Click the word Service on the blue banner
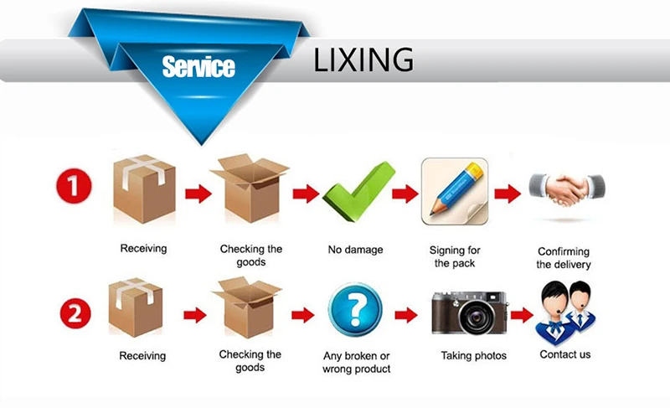coord(198,67)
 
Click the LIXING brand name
coord(363,59)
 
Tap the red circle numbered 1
coord(74,186)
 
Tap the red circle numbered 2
coord(75,314)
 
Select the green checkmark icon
coord(358,192)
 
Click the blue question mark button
coord(355,310)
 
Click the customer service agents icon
coord(565,313)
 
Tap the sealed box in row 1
coord(144,189)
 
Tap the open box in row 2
coord(247,307)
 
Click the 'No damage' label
coord(355,250)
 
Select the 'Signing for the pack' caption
coord(455,256)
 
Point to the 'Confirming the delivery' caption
coord(564,258)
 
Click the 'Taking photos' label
coord(474,355)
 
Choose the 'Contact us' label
coord(564,354)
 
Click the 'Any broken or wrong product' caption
coord(357,362)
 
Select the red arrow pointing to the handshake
coord(508,194)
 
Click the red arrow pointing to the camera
coord(406,315)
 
